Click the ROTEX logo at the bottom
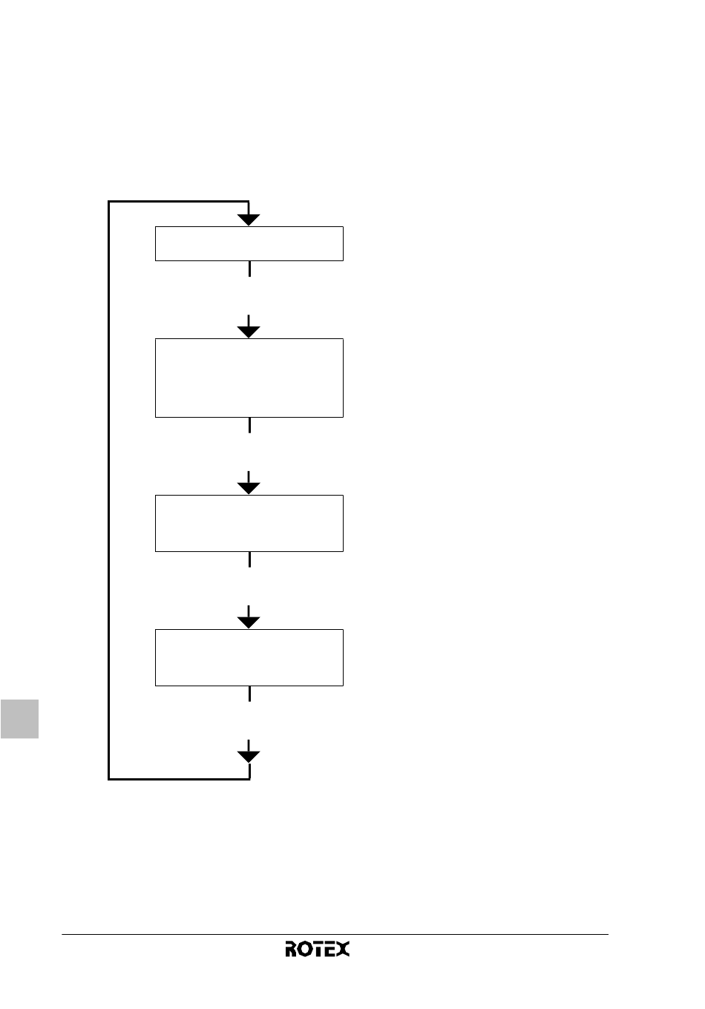(x=317, y=949)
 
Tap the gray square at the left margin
(x=19, y=719)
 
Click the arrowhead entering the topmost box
(x=249, y=220)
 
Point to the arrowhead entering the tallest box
(x=249, y=332)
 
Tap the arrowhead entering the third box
(x=249, y=488)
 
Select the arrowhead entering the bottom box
(x=249, y=622)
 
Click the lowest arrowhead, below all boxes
(x=249, y=757)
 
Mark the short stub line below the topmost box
(x=249, y=269)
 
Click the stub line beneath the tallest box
(x=249, y=426)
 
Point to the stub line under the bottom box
(x=249, y=694)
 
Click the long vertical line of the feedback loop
(x=108, y=490)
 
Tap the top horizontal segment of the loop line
(x=178, y=201)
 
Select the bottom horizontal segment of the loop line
(x=179, y=779)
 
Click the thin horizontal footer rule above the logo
(x=335, y=934)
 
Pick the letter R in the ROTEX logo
(x=291, y=949)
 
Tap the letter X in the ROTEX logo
(x=344, y=949)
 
